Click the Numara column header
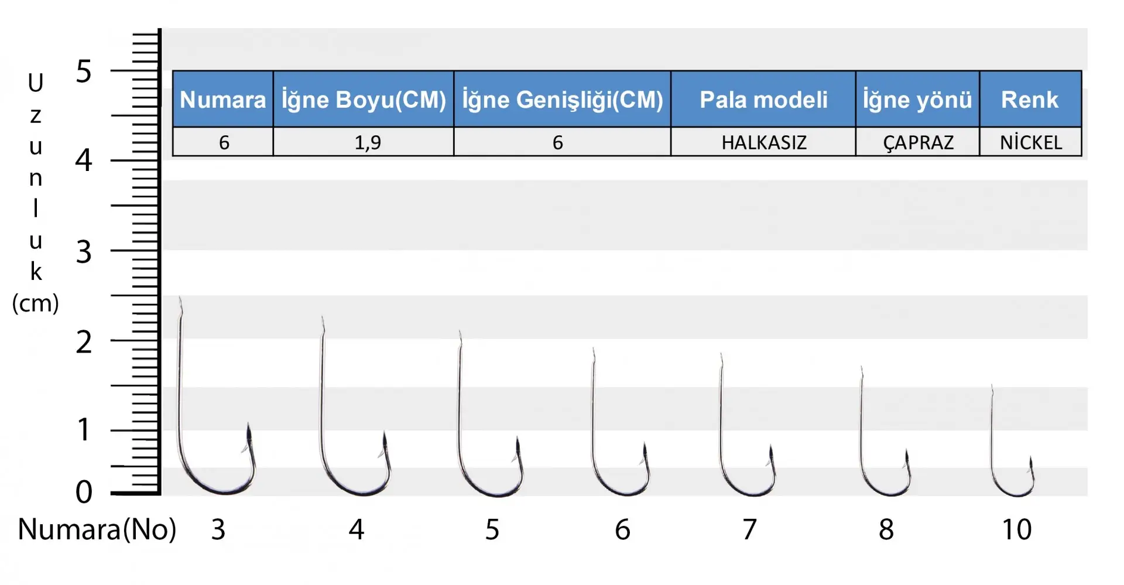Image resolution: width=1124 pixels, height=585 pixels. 223,99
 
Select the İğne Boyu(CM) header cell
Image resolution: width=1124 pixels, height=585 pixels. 364,99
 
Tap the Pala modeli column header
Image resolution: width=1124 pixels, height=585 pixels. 763,99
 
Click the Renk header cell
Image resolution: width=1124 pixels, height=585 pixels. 1030,99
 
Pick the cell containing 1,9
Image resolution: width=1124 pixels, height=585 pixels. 364,142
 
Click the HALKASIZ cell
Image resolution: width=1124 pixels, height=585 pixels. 763,142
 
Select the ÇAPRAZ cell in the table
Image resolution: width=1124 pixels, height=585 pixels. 917,142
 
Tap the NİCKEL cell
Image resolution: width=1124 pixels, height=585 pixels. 1030,142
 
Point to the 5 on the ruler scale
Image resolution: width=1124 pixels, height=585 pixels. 84,72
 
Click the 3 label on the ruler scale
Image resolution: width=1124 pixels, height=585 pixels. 84,252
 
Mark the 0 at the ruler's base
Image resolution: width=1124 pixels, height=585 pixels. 84,492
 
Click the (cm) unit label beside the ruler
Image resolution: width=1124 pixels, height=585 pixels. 36,303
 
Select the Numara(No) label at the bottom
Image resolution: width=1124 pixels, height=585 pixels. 97,529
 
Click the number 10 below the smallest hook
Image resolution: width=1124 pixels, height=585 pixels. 1017,529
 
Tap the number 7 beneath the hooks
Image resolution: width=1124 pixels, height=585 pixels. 750,529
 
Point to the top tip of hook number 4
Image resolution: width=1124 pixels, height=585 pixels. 322,317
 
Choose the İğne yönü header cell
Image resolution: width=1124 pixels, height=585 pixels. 917,99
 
